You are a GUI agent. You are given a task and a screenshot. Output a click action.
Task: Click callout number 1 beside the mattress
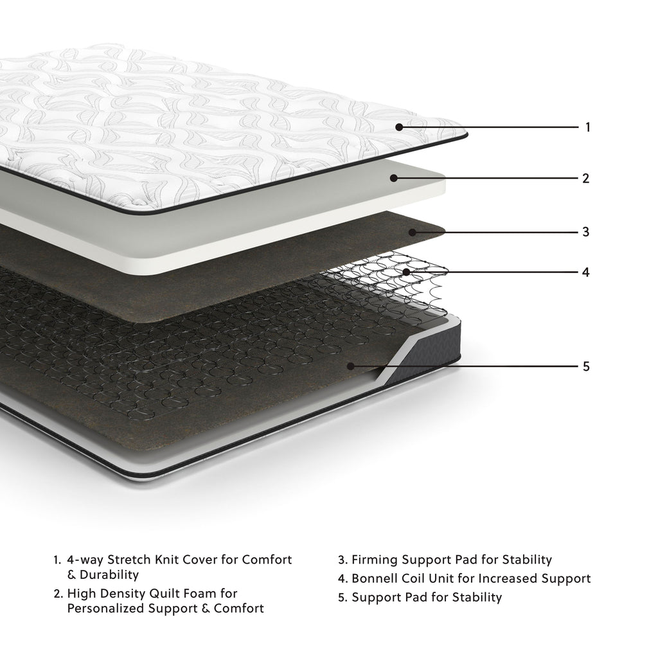coord(587,127)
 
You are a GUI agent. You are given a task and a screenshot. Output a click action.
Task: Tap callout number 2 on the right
coord(585,179)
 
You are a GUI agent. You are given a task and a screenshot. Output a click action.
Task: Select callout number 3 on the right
coord(585,231)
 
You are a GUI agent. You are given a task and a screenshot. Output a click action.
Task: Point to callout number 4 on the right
coord(585,272)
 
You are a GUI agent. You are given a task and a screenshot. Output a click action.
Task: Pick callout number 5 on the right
coord(585,366)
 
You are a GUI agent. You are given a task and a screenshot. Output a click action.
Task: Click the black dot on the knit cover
coord(399,127)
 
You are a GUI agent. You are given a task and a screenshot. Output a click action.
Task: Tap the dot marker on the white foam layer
coord(393,179)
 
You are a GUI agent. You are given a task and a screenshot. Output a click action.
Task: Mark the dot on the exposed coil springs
coord(406,272)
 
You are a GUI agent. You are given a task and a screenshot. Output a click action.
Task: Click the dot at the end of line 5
coord(350,366)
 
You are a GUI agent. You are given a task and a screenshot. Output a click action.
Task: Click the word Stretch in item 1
coord(130,560)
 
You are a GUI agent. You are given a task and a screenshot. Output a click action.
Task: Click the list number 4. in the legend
coord(342,579)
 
